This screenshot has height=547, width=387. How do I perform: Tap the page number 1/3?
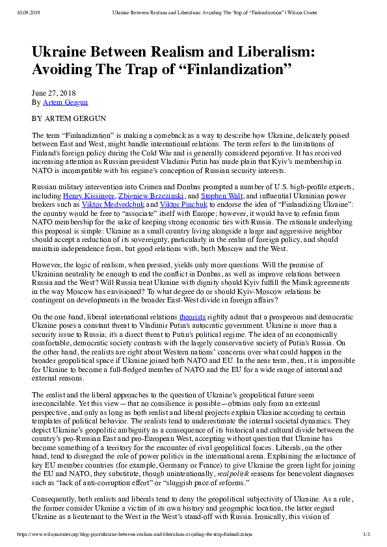(367, 535)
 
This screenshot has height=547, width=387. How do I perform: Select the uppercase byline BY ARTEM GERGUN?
(68, 119)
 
